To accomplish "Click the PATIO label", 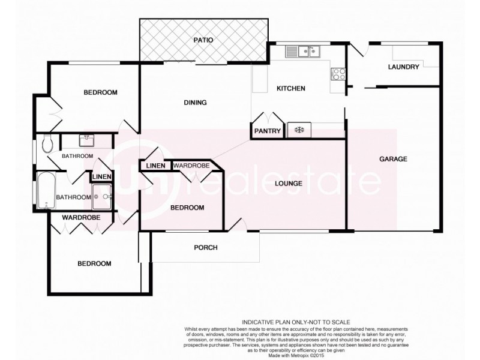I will [x=203, y=40].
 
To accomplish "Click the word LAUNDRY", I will [x=403, y=67].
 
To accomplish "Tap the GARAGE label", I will [x=393, y=159].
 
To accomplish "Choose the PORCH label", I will [x=205, y=247].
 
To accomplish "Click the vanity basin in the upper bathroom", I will [x=88, y=140].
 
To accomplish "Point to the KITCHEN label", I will [x=290, y=89].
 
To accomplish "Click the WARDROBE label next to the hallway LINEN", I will [x=191, y=165].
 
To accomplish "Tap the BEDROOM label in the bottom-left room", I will [x=94, y=263].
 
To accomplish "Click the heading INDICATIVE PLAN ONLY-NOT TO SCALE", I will [x=295, y=322].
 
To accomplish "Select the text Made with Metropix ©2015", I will [x=295, y=356].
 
